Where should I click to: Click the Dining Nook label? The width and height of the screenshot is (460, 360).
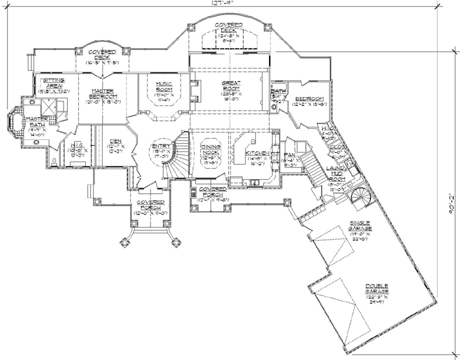(211, 150)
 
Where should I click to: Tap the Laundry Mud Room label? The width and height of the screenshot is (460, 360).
(336, 175)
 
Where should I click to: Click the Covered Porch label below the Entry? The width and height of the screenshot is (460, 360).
(147, 205)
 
